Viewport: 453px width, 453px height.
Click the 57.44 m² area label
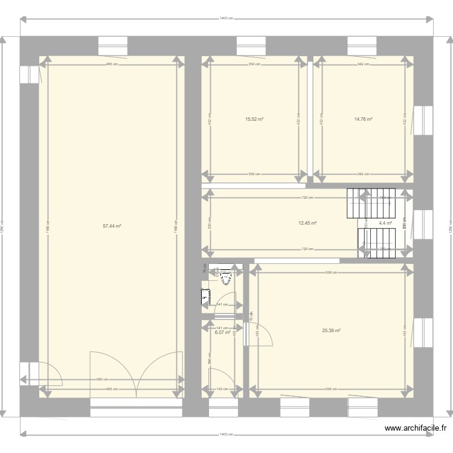click(x=112, y=226)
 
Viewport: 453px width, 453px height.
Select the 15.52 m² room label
click(x=254, y=119)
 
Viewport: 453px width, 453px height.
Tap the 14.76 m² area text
click(x=363, y=119)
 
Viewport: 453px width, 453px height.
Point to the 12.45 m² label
click(x=307, y=223)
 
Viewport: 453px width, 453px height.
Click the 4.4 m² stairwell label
click(x=385, y=223)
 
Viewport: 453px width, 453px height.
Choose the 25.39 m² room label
click(x=332, y=330)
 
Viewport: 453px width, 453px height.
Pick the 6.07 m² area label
click(x=223, y=332)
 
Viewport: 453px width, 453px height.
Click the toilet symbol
click(x=226, y=277)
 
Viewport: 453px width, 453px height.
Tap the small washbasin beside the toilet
click(x=205, y=296)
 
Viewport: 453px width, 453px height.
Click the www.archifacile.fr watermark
click(x=416, y=429)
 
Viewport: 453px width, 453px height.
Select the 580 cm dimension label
click(x=103, y=379)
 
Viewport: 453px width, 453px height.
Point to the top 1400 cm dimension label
click(x=226, y=19)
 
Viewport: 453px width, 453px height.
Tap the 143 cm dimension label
click(x=222, y=389)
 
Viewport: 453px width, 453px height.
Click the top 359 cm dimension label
click(x=254, y=63)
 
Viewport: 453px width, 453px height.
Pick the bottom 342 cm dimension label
click(x=363, y=174)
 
